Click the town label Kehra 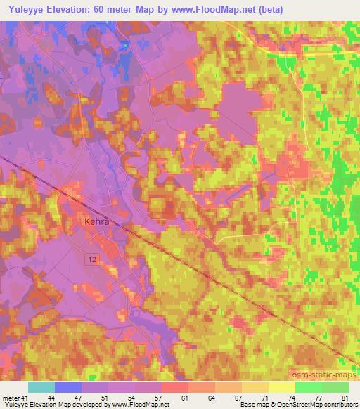pyautogui.click(x=98, y=220)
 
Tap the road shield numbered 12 pyautogui.click(x=92, y=261)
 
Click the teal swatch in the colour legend pyautogui.click(x=41, y=388)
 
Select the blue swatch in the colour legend pyautogui.click(x=68, y=388)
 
